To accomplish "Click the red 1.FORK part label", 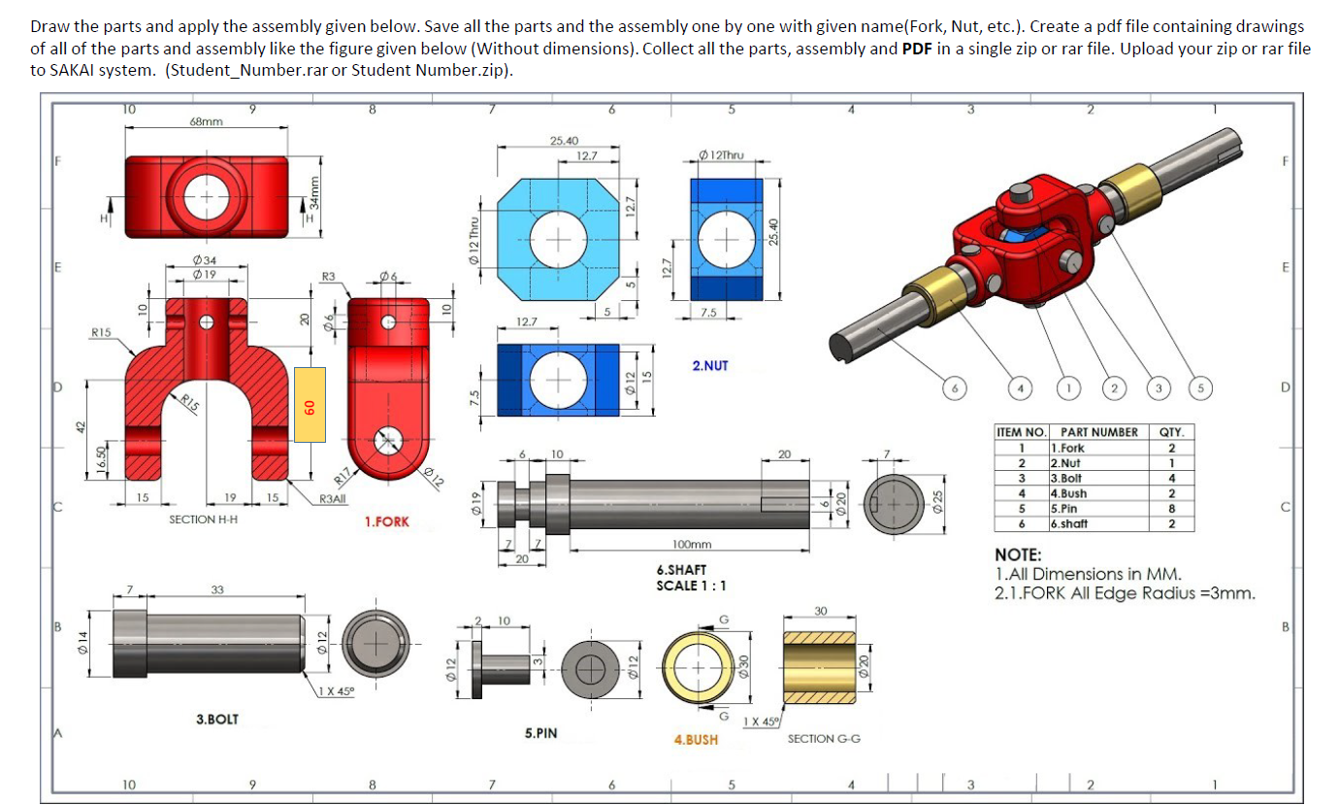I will pyautogui.click(x=387, y=521).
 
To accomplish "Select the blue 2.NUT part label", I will pyautogui.click(x=709, y=366).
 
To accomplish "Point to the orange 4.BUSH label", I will pyautogui.click(x=696, y=739).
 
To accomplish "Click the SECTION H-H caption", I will pyautogui.click(x=204, y=520).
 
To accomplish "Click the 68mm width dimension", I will pyautogui.click(x=205, y=121).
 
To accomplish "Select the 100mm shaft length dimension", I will pyautogui.click(x=691, y=546).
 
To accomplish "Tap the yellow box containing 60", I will pyautogui.click(x=310, y=405).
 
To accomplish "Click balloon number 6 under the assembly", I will pyautogui.click(x=956, y=389).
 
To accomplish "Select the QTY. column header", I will pyautogui.click(x=1172, y=432).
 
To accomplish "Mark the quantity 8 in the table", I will pyautogui.click(x=1172, y=508).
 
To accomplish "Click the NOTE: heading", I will pyautogui.click(x=1019, y=555).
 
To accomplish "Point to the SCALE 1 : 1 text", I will pyautogui.click(x=691, y=586).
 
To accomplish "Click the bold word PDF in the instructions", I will pyautogui.click(x=917, y=49).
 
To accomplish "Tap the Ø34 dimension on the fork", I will pyautogui.click(x=205, y=260).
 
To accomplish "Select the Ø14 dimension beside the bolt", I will pyautogui.click(x=83, y=642).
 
